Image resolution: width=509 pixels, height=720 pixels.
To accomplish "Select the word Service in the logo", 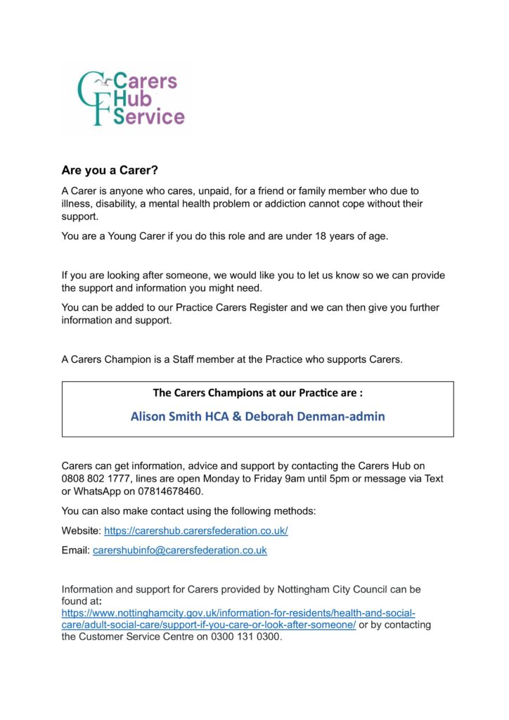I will (149, 117).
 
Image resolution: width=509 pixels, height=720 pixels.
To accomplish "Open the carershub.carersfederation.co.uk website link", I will (195, 531).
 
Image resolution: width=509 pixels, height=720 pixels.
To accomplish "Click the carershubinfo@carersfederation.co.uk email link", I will (179, 551).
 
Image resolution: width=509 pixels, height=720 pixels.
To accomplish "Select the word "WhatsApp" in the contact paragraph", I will (99, 491).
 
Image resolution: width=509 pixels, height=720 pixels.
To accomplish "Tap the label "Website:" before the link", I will (82, 531).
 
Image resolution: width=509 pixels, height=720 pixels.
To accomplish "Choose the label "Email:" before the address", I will (76, 551).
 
